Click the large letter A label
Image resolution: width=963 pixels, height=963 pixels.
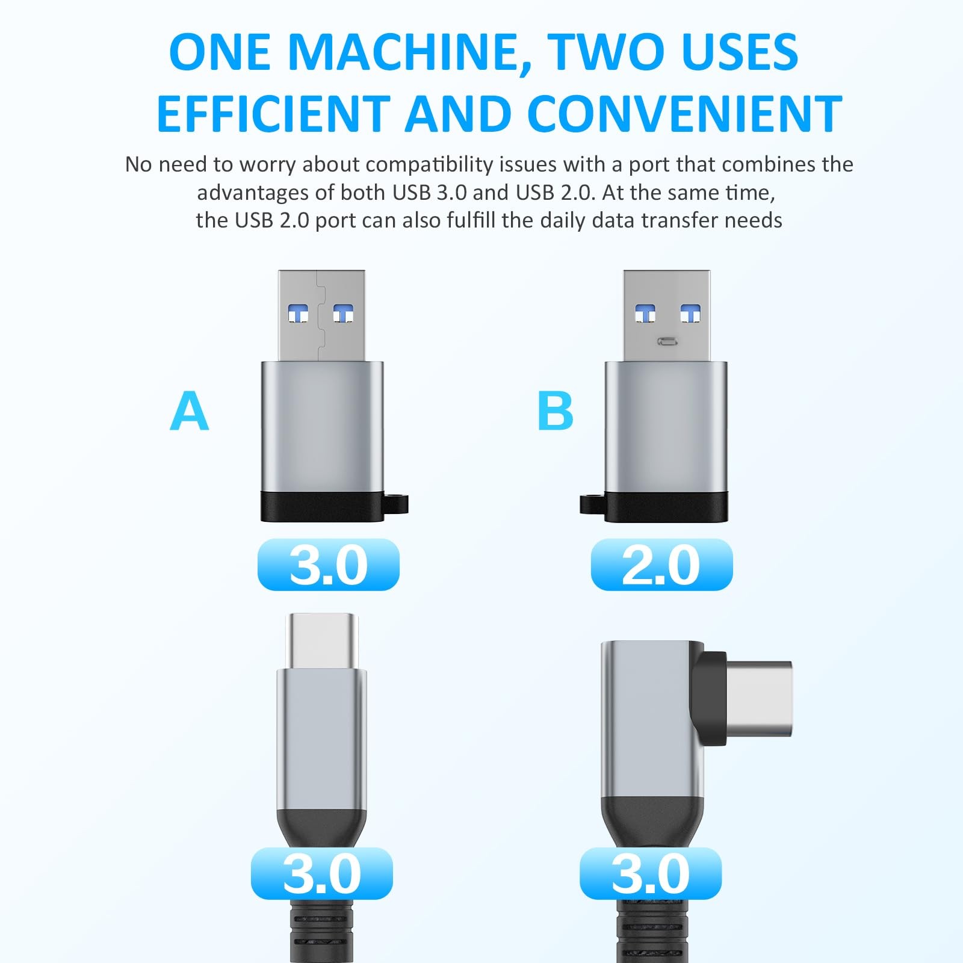coord(190,411)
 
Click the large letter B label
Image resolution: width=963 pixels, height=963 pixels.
coord(555,411)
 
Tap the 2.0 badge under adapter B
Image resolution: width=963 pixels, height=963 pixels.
coord(661,565)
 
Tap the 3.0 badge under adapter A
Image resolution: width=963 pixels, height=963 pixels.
coord(329,565)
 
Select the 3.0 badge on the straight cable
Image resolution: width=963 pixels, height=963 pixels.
coord(322,873)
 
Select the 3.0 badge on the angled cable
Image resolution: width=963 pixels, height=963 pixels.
coord(651,873)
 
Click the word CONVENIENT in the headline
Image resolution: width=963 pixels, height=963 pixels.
coord(684,114)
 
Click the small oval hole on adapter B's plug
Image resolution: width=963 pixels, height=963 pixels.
coord(667,342)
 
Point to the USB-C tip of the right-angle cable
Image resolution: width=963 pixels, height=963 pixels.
coord(760,699)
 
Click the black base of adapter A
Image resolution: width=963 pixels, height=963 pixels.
coord(323,507)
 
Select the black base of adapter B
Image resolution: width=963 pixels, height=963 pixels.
coord(666,507)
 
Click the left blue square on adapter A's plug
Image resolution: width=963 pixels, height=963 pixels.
coord(299,314)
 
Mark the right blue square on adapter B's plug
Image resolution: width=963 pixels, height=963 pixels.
coord(690,314)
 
